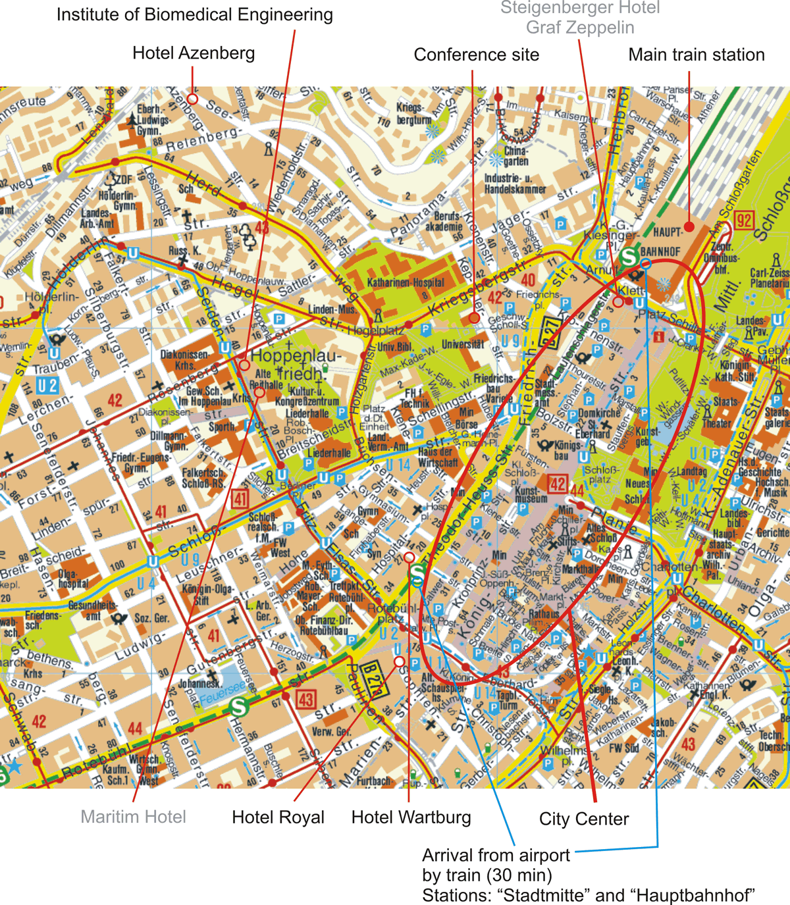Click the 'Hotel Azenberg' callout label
[x=194, y=53]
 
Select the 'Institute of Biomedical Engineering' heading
[x=195, y=14]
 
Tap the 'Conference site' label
[x=476, y=55]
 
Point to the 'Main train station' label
[x=696, y=55]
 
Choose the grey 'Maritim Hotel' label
[x=133, y=817]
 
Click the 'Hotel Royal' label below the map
[x=278, y=817]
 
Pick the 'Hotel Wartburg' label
[x=411, y=817]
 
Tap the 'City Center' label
[x=584, y=819]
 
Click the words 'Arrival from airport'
[x=496, y=856]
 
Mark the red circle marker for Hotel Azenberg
[x=192, y=99]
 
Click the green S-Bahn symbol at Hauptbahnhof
[x=628, y=257]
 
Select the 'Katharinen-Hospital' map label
[x=406, y=282]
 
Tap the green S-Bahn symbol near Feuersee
[x=238, y=707]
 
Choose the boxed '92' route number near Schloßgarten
[x=744, y=220]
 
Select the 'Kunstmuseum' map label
[x=531, y=494]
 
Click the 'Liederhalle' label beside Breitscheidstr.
[x=329, y=453]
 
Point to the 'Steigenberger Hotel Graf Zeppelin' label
[x=580, y=18]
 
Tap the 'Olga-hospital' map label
[x=73, y=579]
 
